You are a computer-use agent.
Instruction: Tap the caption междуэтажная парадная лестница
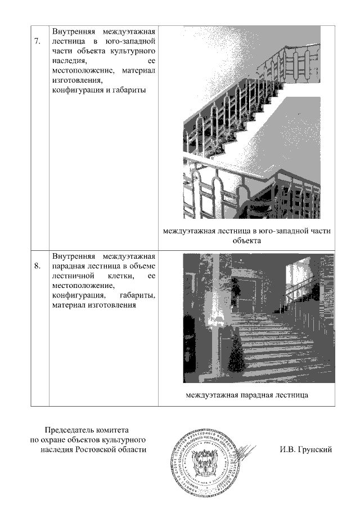coord(247,394)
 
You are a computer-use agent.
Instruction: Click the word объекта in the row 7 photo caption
coord(247,241)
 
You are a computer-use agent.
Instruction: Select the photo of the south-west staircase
coord(251,122)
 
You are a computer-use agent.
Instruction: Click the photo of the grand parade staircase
coord(258,318)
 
